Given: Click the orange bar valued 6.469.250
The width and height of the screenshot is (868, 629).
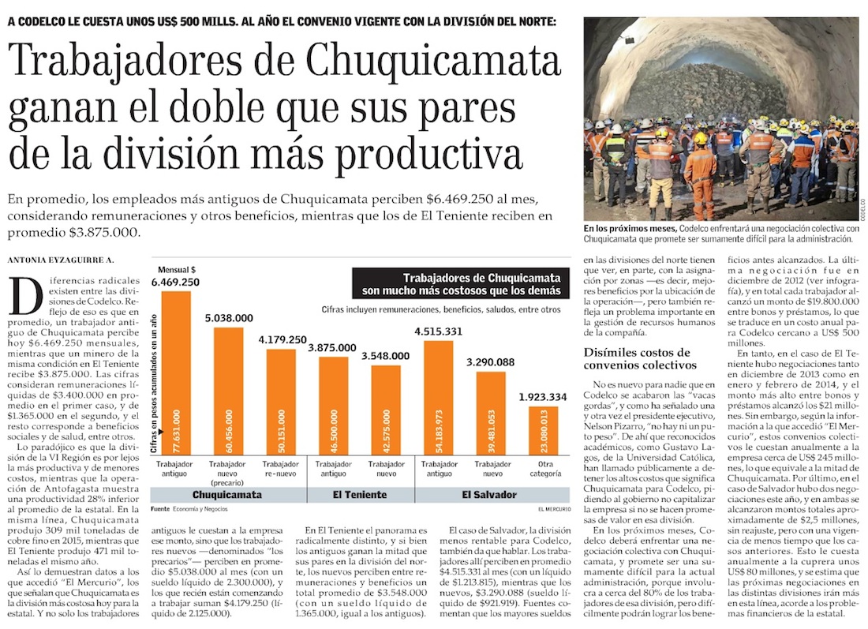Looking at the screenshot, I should tap(176, 371).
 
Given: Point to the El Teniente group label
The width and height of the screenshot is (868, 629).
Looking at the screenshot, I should tap(361, 495).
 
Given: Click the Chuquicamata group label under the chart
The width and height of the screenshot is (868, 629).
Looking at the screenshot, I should tap(228, 495).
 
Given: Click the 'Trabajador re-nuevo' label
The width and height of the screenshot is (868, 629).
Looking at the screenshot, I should tap(282, 469).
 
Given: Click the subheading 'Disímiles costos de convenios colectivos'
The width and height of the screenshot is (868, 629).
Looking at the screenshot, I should tap(637, 358).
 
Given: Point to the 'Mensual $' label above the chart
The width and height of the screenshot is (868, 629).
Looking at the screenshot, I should tap(177, 268).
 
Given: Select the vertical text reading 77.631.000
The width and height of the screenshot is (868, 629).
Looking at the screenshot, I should tap(176, 425).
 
